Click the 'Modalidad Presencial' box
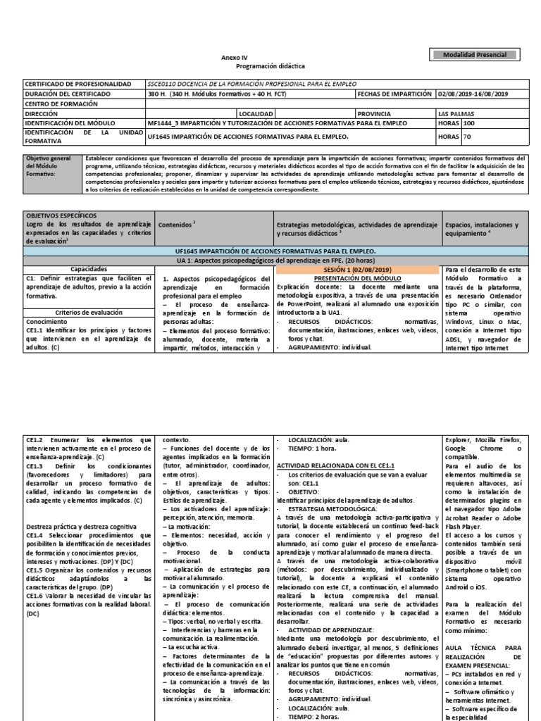tap(478, 55)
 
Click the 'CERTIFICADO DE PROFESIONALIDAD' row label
tap(78, 84)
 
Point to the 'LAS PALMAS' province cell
tap(456, 113)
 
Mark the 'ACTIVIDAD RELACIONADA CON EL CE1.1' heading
tap(335, 466)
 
